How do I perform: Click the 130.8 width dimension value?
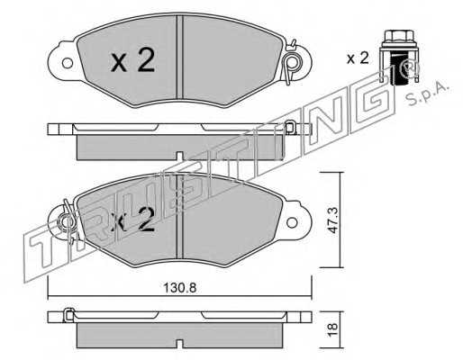point(180,288)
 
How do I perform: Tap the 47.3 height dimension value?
point(332,220)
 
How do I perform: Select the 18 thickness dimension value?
point(332,329)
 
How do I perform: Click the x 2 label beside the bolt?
point(358,58)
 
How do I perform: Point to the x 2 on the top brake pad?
point(133,60)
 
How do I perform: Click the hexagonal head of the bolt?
point(399,36)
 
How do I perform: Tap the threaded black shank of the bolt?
point(399,69)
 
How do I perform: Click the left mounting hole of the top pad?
point(67,63)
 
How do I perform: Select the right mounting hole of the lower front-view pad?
point(292,222)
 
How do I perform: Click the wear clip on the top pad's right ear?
point(291,62)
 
